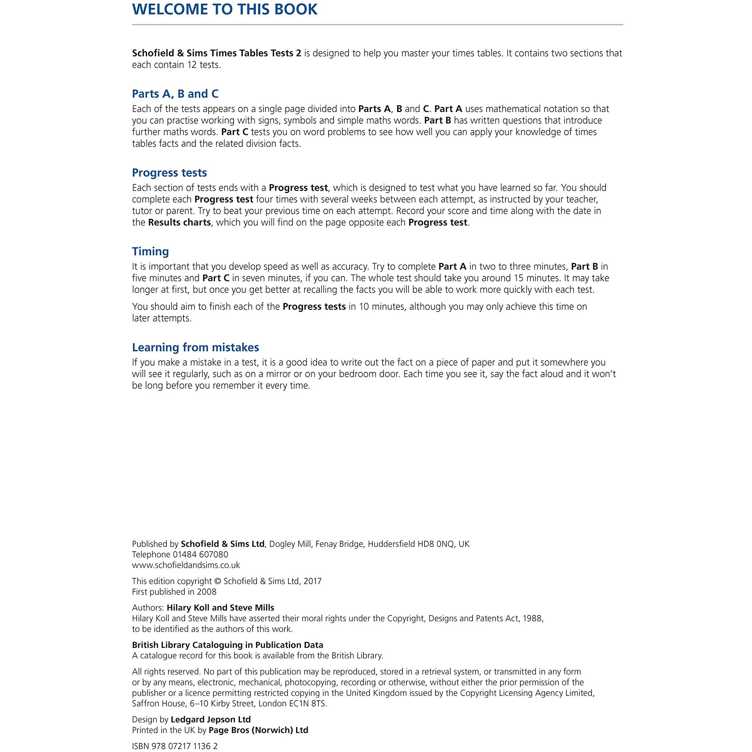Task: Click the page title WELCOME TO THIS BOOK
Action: pos(225,9)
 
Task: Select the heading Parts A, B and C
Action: pos(175,94)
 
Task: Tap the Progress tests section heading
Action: pos(169,172)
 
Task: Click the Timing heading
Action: pos(150,251)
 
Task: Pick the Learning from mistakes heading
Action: pos(196,347)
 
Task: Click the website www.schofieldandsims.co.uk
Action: pos(186,565)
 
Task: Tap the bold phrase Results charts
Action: pos(179,222)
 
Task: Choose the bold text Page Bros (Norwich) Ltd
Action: pos(258,730)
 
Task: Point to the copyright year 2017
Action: pos(312,581)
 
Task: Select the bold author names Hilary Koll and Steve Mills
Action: pos(220,608)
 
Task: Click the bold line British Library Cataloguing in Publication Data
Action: pos(227,645)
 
